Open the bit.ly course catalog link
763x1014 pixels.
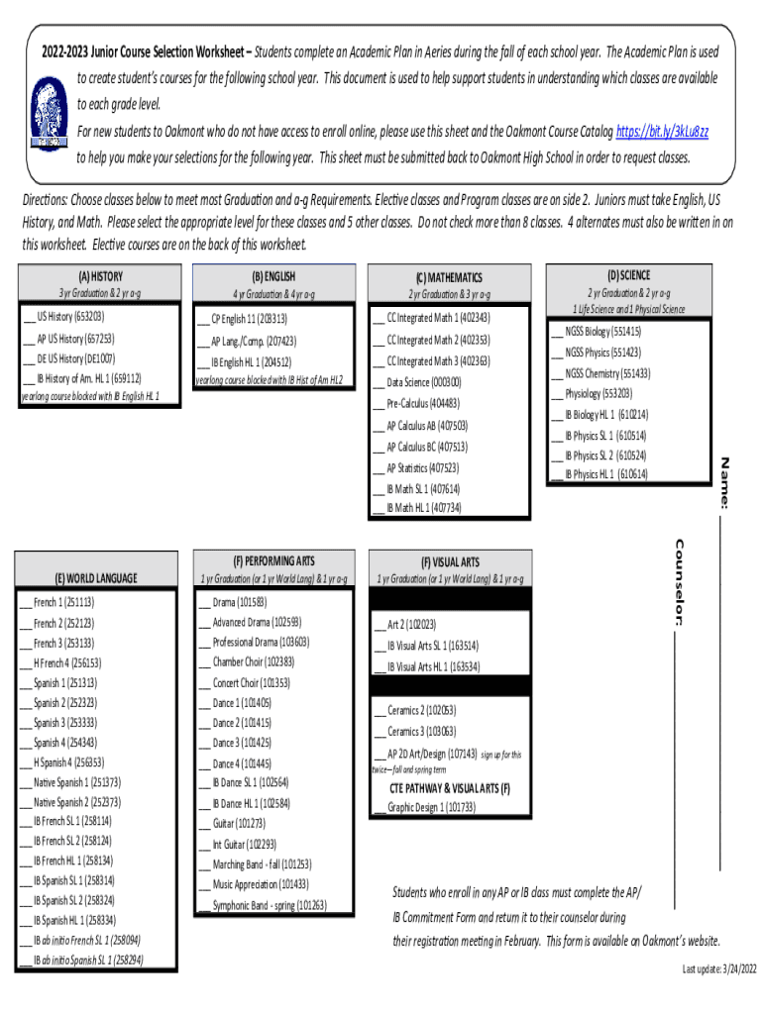(662, 131)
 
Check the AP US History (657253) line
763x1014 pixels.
(68, 338)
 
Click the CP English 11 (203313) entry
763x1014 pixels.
(249, 319)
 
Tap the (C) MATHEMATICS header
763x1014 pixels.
(449, 278)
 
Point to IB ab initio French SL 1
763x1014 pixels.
(86, 940)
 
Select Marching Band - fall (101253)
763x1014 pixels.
(262, 863)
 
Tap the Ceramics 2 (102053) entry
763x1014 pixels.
(420, 710)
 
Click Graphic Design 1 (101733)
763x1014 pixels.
(430, 807)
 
